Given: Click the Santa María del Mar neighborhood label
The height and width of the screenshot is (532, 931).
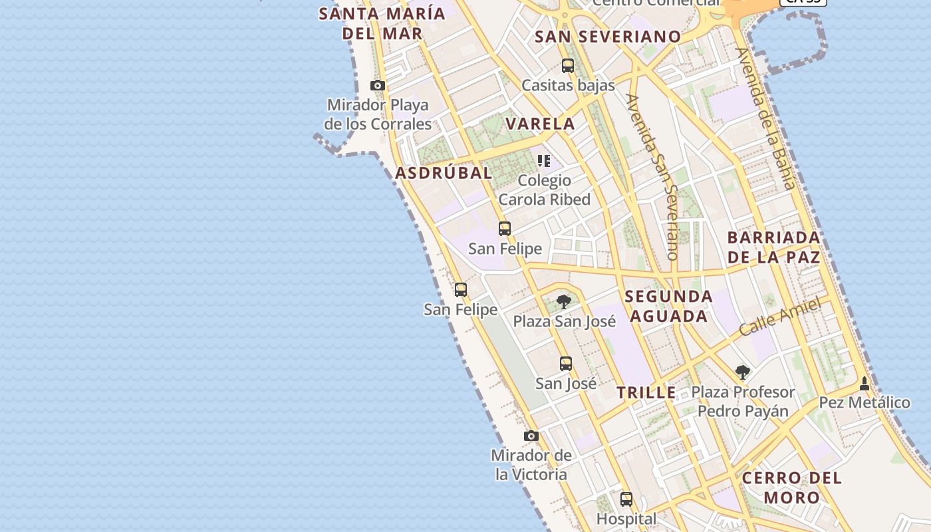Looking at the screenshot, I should (x=382, y=23).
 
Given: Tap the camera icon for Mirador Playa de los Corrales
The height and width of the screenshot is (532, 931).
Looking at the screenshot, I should (x=378, y=85).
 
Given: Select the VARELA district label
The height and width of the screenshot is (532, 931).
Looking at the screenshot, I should (x=540, y=124).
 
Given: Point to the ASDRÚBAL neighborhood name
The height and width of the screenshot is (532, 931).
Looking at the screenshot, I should (x=444, y=173).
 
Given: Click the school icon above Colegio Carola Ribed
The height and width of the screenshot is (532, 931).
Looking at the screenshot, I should (x=544, y=160).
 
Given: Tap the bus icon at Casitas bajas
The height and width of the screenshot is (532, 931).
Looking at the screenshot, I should (x=567, y=66).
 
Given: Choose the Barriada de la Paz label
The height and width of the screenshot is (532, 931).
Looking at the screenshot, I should (x=773, y=247).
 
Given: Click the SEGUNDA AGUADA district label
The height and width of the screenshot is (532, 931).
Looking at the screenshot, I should (x=668, y=306).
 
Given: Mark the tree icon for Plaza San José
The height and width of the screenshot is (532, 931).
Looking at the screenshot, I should (x=564, y=302).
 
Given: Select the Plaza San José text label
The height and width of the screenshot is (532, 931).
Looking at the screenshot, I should (x=564, y=322).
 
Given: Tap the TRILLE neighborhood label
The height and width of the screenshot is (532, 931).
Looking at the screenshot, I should (x=646, y=392).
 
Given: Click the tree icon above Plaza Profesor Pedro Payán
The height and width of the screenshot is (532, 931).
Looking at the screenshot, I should (x=742, y=372).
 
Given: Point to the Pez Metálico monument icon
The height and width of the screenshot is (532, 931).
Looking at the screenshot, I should (x=864, y=384).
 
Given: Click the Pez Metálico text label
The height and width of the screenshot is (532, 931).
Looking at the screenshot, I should (x=864, y=402).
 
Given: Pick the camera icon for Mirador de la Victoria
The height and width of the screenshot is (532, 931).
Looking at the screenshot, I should (x=531, y=436).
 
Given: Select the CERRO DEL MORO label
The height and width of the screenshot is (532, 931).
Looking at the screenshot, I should (x=791, y=487).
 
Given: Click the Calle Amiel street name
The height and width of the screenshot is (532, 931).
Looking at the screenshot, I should (x=779, y=318).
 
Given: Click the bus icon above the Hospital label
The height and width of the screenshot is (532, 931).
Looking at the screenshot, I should (x=626, y=499).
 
